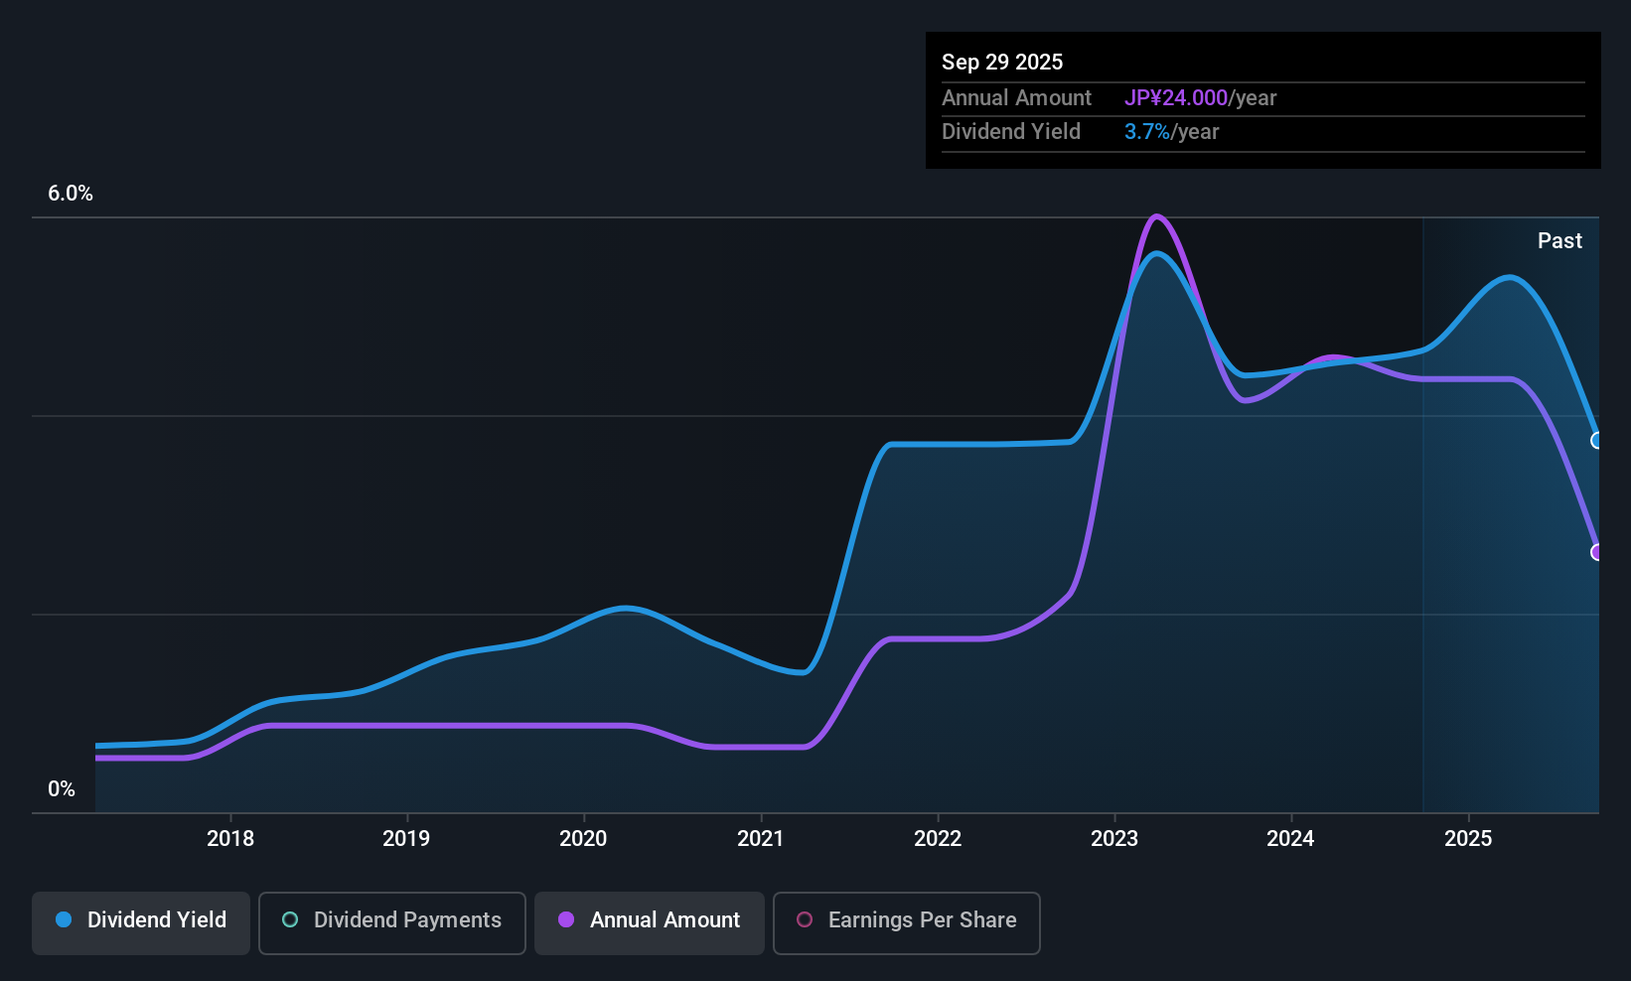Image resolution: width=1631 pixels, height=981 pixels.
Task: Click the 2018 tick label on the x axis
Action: coord(230,838)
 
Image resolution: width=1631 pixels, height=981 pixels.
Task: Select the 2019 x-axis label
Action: coord(406,838)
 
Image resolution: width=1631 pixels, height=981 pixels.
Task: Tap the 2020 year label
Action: coord(583,838)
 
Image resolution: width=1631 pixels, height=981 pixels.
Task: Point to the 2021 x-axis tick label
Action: coord(760,838)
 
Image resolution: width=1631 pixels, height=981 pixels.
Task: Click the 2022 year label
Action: coord(938,838)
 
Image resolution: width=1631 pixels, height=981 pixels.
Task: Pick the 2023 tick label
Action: coord(1114,838)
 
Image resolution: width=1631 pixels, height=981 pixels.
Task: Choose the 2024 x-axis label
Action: coord(1290,838)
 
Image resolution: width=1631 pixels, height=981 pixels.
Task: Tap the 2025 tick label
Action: coord(1468,838)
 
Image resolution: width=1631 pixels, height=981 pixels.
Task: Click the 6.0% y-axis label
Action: coord(70,194)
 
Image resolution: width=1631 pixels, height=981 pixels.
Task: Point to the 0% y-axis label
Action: coord(62,789)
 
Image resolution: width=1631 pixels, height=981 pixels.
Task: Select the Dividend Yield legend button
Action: coord(140,922)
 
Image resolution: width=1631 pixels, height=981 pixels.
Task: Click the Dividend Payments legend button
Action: coord(391,922)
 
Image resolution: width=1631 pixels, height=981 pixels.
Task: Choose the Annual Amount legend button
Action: coord(650,922)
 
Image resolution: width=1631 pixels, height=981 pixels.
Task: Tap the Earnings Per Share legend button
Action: coord(907,922)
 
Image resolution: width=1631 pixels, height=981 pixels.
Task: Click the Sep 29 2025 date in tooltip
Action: coord(1002,63)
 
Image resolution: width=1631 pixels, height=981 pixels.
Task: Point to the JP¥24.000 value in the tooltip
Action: coord(1176,97)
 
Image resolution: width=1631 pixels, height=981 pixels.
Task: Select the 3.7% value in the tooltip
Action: coord(1147,132)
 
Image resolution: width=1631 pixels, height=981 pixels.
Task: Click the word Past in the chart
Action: coord(1559,241)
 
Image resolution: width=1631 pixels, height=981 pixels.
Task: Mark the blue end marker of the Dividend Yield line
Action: coord(1596,440)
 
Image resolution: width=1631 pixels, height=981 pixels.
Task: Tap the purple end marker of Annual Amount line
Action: coord(1596,552)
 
